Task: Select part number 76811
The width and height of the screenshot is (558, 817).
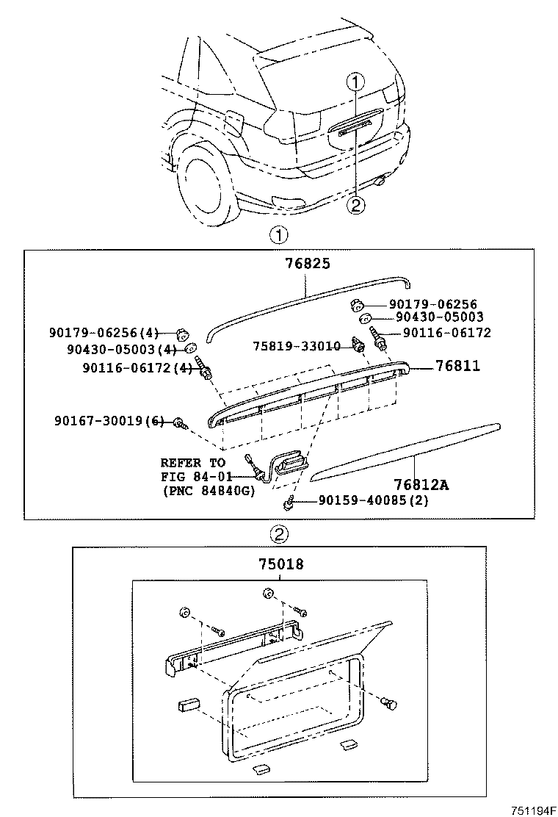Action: pyautogui.click(x=458, y=365)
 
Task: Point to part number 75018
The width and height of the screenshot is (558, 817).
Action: pyautogui.click(x=280, y=564)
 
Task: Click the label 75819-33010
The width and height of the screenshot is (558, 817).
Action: pyautogui.click(x=297, y=345)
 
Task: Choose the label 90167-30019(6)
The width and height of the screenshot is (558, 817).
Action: pyautogui.click(x=109, y=421)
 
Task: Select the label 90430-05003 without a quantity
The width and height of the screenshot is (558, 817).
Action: pyautogui.click(x=439, y=317)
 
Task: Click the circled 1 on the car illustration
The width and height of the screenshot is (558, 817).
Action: pyautogui.click(x=355, y=82)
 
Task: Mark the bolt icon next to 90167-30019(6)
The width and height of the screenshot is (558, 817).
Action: pyautogui.click(x=179, y=422)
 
